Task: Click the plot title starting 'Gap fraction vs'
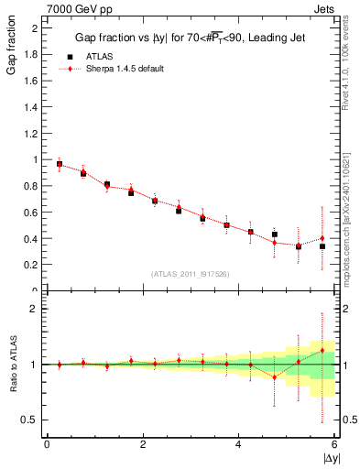pyautogui.click(x=190, y=39)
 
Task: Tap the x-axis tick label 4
pyautogui.click(x=238, y=444)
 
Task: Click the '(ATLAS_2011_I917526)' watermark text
pyautogui.click(x=190, y=274)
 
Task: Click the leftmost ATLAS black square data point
pyautogui.click(x=60, y=165)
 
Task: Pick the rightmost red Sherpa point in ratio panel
pyautogui.click(x=322, y=351)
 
